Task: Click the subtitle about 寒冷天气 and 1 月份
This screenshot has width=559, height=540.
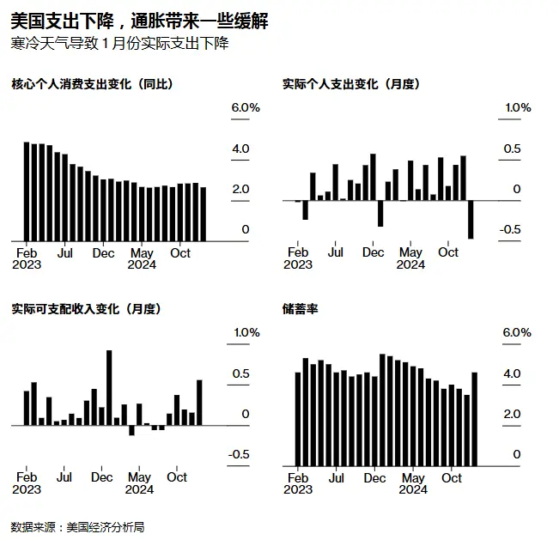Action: tap(120, 43)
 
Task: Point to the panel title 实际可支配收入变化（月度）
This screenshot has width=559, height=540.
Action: tap(86, 309)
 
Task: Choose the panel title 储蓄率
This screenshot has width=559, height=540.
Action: tap(300, 309)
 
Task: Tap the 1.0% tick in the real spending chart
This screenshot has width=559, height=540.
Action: tap(517, 107)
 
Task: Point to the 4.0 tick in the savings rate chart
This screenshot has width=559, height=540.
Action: tap(511, 373)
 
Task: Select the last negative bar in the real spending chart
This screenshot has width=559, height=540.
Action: tap(471, 219)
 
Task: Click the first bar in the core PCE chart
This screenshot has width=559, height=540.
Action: tap(27, 191)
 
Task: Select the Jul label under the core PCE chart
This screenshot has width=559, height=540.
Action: tap(64, 253)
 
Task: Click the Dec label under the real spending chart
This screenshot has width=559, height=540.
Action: tap(374, 253)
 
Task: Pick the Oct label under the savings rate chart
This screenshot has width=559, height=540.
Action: tap(451, 478)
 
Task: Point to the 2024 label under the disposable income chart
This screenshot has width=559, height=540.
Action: tap(139, 489)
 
